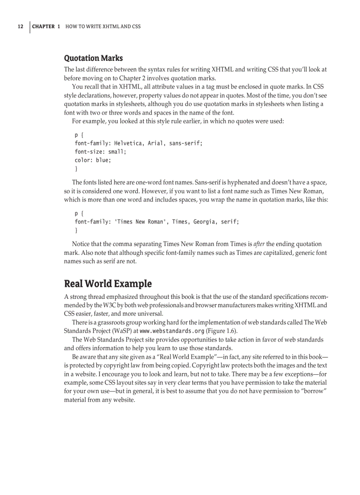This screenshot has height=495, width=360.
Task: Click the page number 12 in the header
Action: [x=20, y=26]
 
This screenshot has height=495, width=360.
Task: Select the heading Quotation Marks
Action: [x=94, y=58]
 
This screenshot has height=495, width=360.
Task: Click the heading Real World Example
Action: [x=108, y=283]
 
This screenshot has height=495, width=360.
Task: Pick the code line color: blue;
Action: [x=93, y=160]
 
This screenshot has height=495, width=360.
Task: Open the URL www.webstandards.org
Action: [x=172, y=331]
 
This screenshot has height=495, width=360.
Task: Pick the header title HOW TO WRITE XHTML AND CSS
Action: [x=103, y=26]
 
